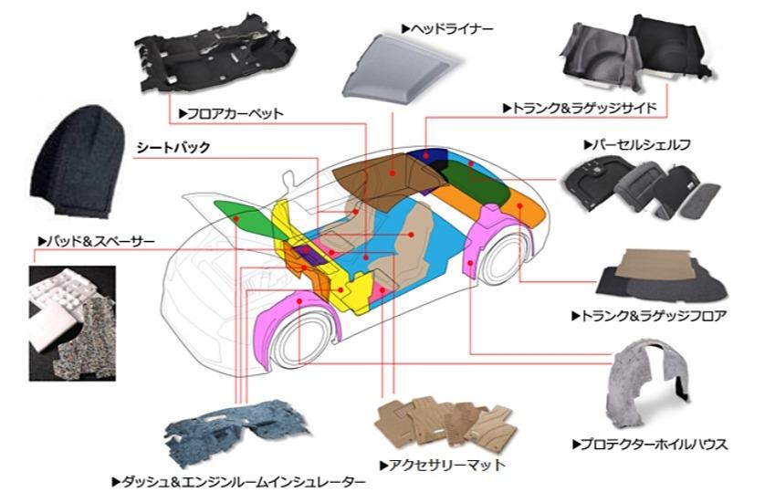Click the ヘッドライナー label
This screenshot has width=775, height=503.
(x=447, y=29)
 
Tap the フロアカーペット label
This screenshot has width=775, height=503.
(x=231, y=113)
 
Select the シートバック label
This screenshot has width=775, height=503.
(x=173, y=147)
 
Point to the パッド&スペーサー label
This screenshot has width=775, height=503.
(x=97, y=241)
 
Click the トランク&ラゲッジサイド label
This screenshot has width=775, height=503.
(x=580, y=108)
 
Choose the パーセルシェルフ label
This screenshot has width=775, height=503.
(x=637, y=145)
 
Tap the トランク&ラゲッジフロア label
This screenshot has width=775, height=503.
(x=649, y=315)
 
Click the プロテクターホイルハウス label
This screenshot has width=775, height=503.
(x=649, y=445)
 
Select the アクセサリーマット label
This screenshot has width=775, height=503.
(x=443, y=465)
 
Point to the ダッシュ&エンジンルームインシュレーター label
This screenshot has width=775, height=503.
(x=239, y=482)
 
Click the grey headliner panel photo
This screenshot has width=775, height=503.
(x=403, y=68)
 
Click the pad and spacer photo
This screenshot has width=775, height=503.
(x=72, y=323)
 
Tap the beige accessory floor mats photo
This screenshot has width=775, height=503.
(x=445, y=424)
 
